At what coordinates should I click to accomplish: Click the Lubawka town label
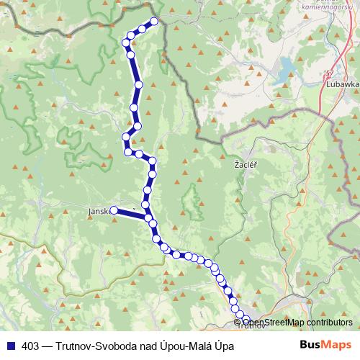click(x=342, y=84)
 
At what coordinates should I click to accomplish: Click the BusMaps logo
click(x=323, y=346)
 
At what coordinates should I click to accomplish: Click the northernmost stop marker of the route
click(x=153, y=21)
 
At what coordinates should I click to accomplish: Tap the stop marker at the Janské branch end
click(x=114, y=210)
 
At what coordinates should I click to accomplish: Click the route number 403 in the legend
click(x=31, y=346)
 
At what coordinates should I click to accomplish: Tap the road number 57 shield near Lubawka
click(x=330, y=73)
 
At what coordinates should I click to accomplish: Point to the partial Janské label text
click(x=98, y=211)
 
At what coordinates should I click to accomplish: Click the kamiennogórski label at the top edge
click(x=334, y=4)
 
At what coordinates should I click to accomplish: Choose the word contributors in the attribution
click(x=328, y=323)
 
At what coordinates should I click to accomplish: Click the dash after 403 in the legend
click(x=47, y=346)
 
